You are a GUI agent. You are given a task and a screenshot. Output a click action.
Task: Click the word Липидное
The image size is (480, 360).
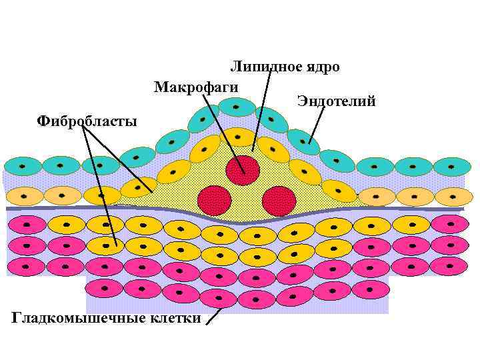click(261, 67)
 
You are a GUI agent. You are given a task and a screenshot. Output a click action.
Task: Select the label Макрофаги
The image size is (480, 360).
click(196, 87)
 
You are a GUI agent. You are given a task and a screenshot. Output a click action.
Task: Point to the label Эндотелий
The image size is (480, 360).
click(337, 101)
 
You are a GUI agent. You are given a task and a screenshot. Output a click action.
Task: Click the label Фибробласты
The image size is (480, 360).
click(87, 121)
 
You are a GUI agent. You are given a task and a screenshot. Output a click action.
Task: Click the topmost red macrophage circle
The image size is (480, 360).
click(243, 169)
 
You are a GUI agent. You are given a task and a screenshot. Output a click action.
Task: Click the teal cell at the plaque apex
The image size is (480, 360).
click(237, 107)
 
